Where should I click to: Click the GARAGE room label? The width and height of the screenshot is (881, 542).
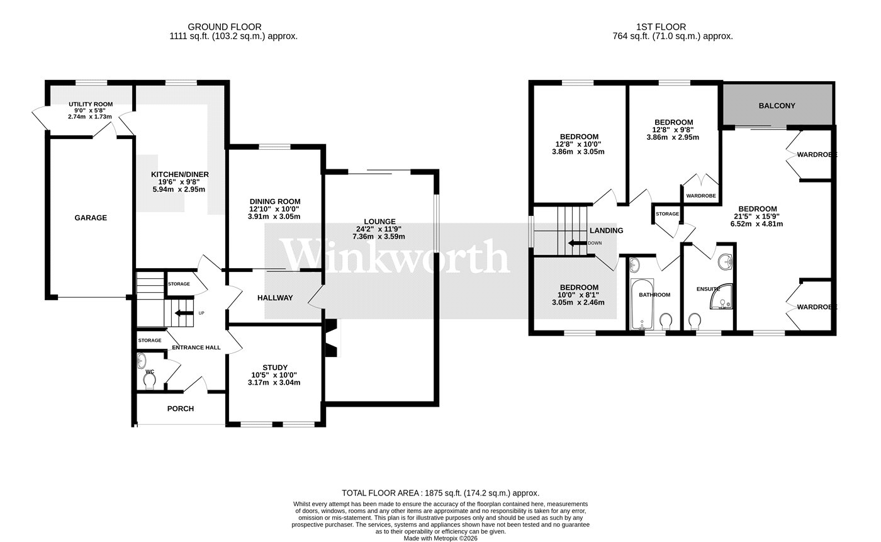(91, 218)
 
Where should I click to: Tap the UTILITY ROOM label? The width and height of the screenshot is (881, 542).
(91, 104)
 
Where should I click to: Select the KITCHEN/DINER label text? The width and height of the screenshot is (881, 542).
(179, 174)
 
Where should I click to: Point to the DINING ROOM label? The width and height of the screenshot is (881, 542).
(275, 201)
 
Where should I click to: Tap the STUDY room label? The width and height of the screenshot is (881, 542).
(275, 368)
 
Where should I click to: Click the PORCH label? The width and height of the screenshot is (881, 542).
(181, 409)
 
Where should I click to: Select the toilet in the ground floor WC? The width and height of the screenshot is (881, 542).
(150, 381)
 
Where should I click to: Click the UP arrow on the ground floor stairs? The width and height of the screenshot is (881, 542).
(184, 313)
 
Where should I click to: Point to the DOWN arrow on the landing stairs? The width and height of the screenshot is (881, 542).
(576, 243)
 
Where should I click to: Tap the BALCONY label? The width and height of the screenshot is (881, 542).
(777, 106)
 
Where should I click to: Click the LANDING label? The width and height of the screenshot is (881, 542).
(606, 230)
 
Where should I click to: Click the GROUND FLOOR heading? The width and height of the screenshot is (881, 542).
(233, 27)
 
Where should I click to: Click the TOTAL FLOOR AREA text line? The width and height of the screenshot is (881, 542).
(441, 493)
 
